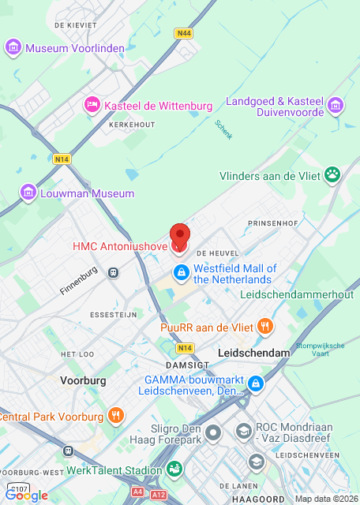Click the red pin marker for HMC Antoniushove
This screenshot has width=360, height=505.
click(181, 237)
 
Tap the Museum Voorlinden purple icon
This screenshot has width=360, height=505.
click(13, 48)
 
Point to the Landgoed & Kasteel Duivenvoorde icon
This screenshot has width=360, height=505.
click(336, 106)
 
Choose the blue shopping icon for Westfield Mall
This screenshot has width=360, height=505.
click(181, 273)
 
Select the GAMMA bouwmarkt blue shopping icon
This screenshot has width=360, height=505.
click(255, 383)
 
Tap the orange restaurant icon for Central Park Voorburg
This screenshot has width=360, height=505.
click(116, 415)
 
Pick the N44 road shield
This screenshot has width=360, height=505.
click(184, 33)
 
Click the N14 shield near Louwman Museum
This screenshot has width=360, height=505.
click(62, 159)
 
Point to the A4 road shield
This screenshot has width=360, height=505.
click(138, 491)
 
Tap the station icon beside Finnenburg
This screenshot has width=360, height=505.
click(114, 272)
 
